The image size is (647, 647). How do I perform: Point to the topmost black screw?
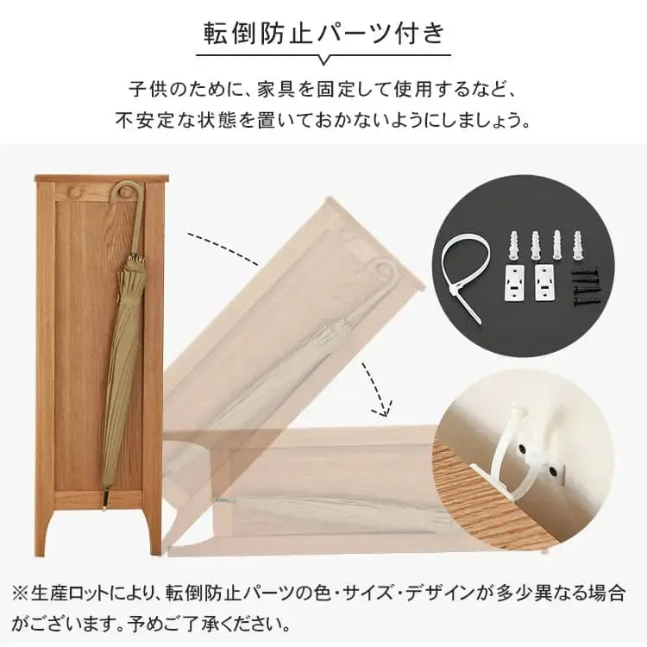[584, 273]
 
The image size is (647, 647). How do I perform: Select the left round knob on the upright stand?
[75, 192]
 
